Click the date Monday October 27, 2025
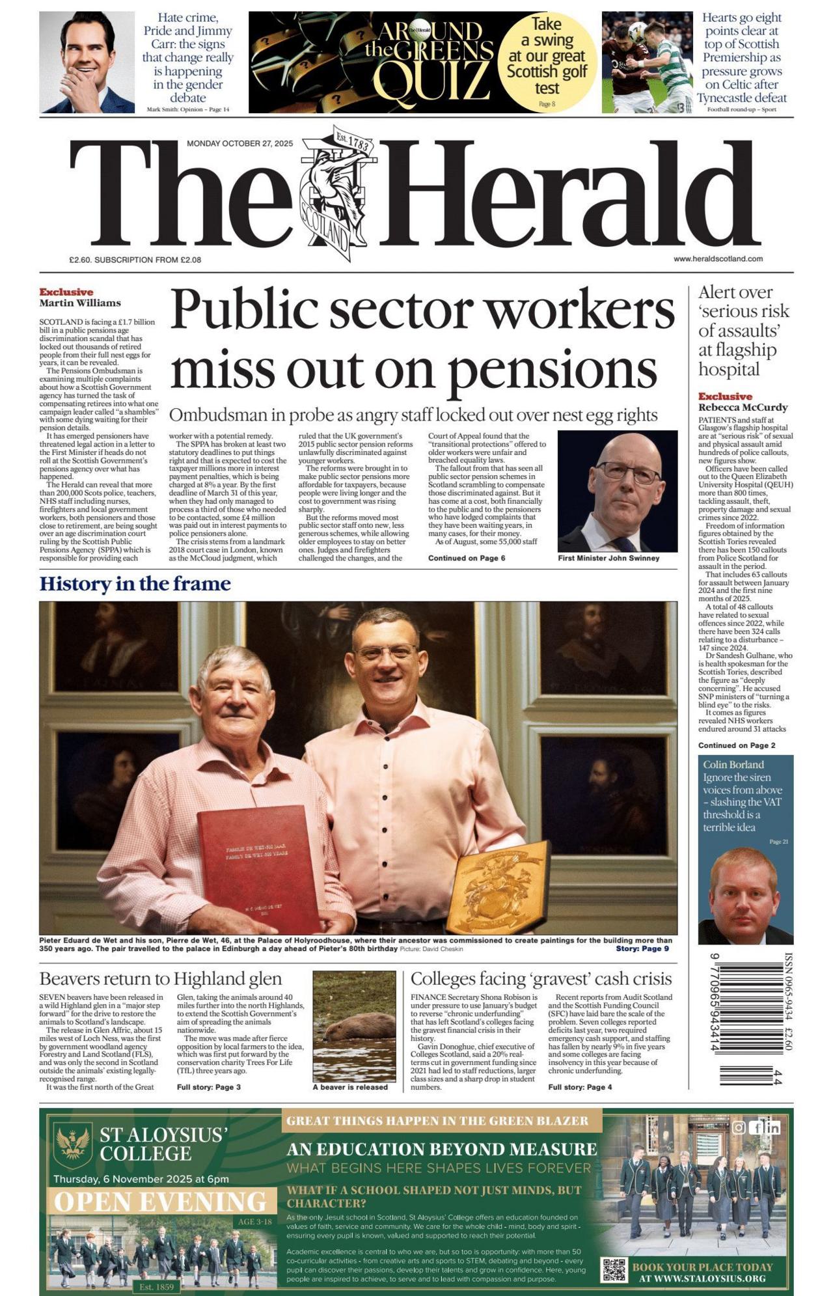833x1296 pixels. click(x=239, y=143)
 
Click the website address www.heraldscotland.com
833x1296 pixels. click(x=718, y=258)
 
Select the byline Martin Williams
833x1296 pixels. click(x=79, y=303)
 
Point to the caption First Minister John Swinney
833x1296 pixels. click(x=608, y=558)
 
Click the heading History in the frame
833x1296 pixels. click(x=135, y=583)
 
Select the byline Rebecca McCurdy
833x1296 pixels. click(x=743, y=407)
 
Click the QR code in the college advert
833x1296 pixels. click(x=614, y=1270)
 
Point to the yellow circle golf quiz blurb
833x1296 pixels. click(x=547, y=62)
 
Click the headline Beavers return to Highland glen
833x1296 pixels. click(x=160, y=978)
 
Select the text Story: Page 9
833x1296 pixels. click(x=642, y=948)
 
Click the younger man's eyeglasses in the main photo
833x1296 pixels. click(x=387, y=652)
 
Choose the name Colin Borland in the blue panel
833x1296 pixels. click(x=733, y=765)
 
